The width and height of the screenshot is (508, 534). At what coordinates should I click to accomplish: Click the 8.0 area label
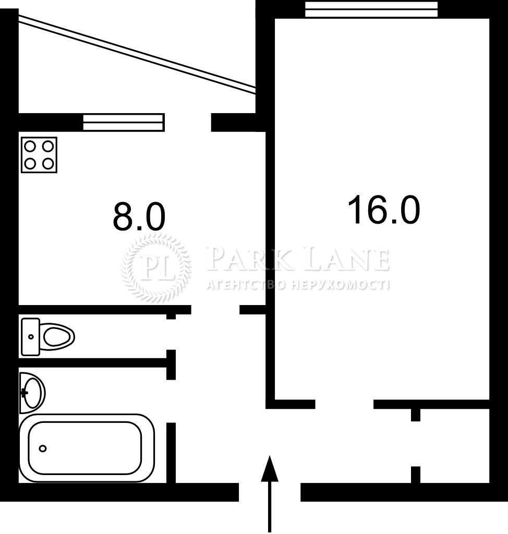[139, 216]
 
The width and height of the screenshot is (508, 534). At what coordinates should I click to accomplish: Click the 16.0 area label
[384, 210]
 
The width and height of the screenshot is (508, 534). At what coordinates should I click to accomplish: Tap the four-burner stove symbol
[39, 155]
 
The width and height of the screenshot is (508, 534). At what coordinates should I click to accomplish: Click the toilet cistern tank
[30, 337]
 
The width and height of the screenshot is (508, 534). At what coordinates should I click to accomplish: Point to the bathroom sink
[32, 393]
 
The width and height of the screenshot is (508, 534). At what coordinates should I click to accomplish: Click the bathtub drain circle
[43, 448]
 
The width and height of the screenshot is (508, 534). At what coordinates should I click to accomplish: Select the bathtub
[87, 448]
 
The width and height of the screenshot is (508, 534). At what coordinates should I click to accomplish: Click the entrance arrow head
[270, 469]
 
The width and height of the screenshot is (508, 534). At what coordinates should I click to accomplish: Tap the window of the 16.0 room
[371, 9]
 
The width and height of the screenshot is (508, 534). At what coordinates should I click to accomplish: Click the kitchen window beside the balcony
[124, 122]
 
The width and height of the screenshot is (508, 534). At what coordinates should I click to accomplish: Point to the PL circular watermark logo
[156, 268]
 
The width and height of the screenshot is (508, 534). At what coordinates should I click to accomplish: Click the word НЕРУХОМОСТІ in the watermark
[341, 285]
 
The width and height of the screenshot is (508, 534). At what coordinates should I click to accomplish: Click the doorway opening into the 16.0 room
[344, 404]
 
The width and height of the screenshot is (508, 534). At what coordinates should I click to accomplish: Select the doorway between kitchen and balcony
[188, 122]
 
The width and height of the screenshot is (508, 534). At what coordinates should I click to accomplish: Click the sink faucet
[24, 393]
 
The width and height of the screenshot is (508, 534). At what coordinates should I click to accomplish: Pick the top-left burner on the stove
[30, 147]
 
